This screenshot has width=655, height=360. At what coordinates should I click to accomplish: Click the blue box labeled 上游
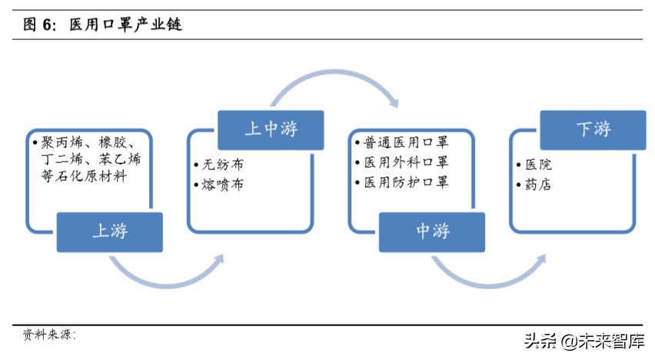(x=110, y=230)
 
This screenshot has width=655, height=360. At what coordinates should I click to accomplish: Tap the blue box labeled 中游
(x=432, y=230)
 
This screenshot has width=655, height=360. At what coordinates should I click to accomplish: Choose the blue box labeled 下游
(x=593, y=128)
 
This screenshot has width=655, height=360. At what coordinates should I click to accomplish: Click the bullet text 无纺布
(x=222, y=165)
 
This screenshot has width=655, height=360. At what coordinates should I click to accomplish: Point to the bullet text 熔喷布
(x=222, y=185)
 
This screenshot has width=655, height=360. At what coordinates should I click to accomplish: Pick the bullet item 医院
(x=538, y=165)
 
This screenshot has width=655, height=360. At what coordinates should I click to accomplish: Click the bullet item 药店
(x=538, y=185)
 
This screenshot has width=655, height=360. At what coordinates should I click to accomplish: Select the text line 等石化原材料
(x=85, y=176)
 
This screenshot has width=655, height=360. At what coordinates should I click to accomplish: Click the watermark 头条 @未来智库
(x=584, y=341)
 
